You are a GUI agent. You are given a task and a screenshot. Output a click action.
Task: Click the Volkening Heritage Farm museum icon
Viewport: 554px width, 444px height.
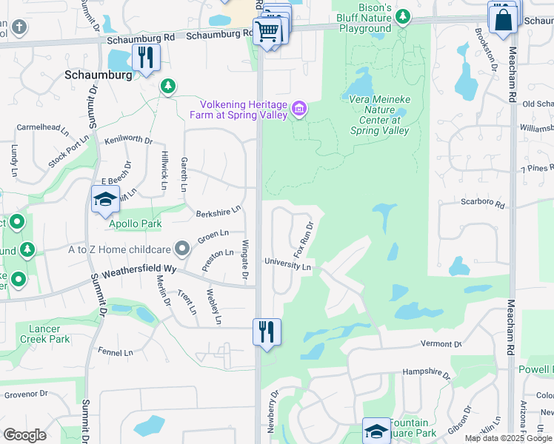[x=299, y=110]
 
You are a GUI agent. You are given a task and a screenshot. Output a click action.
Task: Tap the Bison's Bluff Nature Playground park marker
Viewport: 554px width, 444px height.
[x=402, y=16]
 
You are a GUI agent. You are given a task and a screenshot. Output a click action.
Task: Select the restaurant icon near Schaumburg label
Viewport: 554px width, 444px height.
[x=145, y=57]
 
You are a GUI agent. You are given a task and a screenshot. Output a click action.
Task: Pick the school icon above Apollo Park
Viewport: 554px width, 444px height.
[x=105, y=198]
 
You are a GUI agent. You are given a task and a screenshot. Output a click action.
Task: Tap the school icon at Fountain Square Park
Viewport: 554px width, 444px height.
[x=376, y=431]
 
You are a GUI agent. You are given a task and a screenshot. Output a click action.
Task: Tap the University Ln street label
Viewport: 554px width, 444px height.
[x=288, y=265]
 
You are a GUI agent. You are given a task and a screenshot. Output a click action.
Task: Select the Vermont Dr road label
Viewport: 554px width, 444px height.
[x=441, y=344]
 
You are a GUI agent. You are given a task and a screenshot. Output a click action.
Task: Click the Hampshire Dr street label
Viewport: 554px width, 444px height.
[x=426, y=374]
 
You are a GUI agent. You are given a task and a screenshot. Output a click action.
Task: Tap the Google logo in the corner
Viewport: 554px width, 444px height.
[x=24, y=435]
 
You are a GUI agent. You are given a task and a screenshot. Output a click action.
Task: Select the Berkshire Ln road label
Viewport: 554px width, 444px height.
[x=218, y=213]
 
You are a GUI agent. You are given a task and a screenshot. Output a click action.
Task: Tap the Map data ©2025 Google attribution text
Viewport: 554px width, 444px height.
[x=509, y=438]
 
